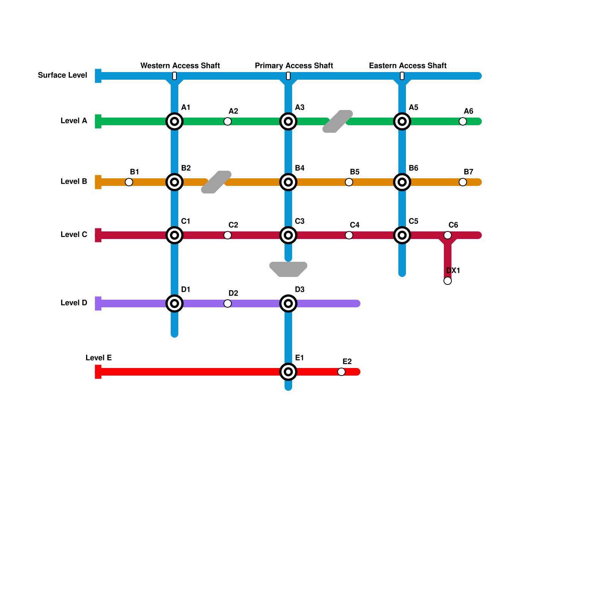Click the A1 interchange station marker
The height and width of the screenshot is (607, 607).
coord(175,121)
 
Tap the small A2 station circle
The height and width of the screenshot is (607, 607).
coord(228,121)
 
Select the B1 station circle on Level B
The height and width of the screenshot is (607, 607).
coord(129,182)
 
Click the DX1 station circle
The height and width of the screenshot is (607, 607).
coord(448,281)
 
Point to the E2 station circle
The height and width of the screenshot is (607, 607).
coord(341,372)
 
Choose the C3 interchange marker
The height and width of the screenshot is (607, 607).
coord(288,235)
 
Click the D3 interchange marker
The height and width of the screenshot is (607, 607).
coord(288,303)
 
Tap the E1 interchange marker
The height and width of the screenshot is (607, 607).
coord(288,372)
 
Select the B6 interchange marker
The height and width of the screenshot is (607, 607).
coord(402,182)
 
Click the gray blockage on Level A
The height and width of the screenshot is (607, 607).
coord(338,121)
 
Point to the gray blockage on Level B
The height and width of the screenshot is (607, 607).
coord(216,182)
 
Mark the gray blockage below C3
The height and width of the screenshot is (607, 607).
coord(288,269)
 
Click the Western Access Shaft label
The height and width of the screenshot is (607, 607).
coord(180,66)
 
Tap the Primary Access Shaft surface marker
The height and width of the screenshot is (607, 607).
coord(288,76)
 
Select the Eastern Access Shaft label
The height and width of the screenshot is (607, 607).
coord(408,66)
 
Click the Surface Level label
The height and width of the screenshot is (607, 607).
coord(63,75)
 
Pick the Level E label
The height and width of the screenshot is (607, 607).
coord(99,358)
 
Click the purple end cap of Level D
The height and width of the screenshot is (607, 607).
coord(98,303)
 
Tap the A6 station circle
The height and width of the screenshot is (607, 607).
coord(463,121)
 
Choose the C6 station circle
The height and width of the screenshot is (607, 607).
coord(448,235)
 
